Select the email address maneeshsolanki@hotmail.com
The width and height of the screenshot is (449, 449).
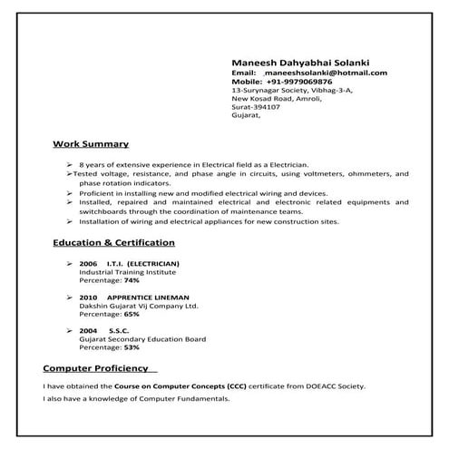coord(326,72)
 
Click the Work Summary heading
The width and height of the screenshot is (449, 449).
coord(91,144)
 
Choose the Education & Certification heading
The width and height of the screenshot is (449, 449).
coord(114,243)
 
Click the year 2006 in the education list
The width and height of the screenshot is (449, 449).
coord(88,263)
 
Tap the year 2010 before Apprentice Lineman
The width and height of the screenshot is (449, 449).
coord(88,298)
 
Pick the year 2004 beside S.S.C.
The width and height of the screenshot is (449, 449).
coord(88,331)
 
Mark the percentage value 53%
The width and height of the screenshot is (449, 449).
coord(132,347)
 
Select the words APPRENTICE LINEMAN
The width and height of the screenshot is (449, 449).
coord(147,298)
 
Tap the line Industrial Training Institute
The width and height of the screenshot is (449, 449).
coord(128,272)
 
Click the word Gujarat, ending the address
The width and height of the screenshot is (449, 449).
coord(246,116)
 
